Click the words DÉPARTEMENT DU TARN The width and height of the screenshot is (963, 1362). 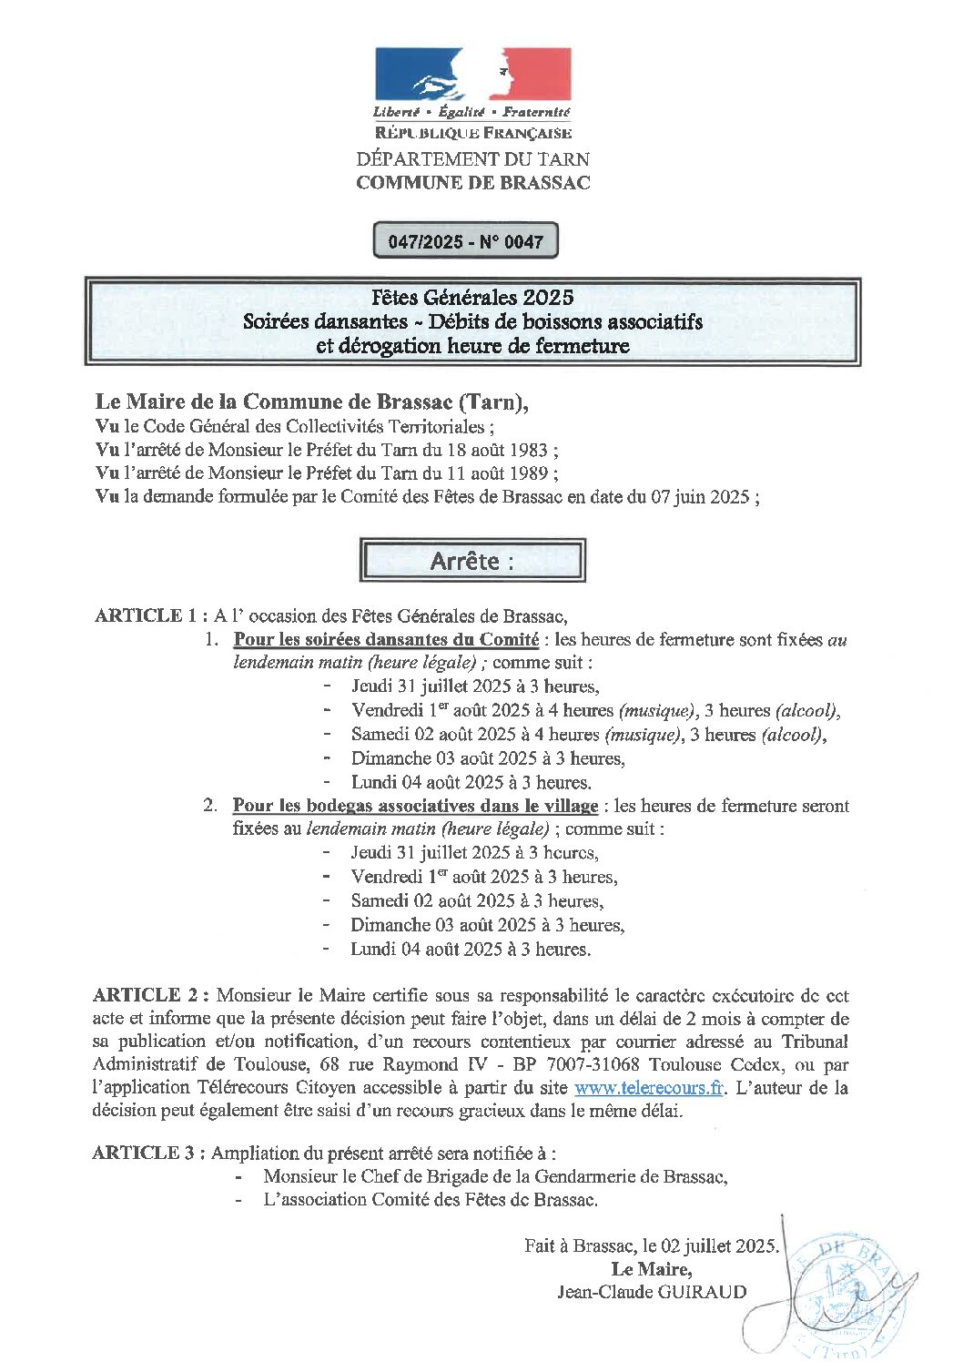click(x=472, y=158)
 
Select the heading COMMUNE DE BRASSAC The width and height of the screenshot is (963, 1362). click(x=472, y=182)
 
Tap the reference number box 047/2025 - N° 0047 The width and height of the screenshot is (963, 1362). click(x=465, y=241)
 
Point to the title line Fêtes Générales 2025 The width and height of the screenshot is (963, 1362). click(x=472, y=297)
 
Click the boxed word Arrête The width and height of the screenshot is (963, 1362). click(x=471, y=561)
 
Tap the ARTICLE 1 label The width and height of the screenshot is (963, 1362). click(x=145, y=615)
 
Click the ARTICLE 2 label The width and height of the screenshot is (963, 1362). click(x=150, y=995)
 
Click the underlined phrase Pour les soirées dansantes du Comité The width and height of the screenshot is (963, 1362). click(x=386, y=639)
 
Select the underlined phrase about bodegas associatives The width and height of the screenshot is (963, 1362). click(x=415, y=806)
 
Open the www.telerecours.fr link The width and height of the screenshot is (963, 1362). click(x=648, y=1088)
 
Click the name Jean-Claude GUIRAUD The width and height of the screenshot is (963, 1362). click(x=652, y=1292)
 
